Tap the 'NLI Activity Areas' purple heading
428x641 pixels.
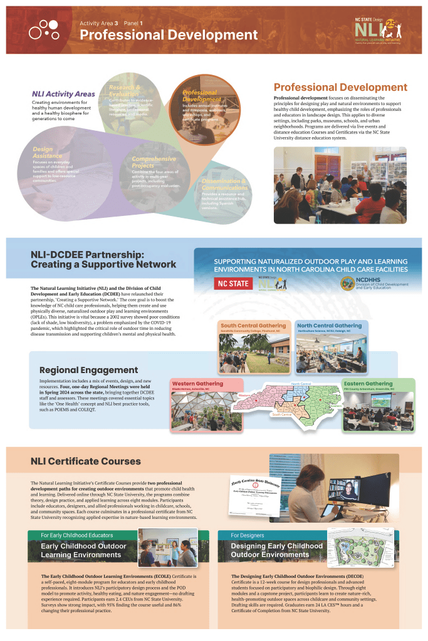(x=63, y=95)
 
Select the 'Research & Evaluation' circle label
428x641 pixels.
(x=125, y=90)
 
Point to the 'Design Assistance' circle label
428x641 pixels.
(x=48, y=153)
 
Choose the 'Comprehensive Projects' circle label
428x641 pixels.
(x=154, y=163)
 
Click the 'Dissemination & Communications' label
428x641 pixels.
(x=225, y=184)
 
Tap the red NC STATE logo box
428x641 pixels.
(x=231, y=283)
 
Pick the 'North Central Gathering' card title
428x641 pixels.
(x=330, y=326)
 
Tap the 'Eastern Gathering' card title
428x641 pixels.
(x=368, y=384)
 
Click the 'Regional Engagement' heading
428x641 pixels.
(x=88, y=371)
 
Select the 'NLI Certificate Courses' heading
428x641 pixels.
(x=86, y=461)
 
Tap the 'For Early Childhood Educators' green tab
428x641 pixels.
(x=77, y=535)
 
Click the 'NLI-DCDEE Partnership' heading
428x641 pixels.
(x=103, y=259)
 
